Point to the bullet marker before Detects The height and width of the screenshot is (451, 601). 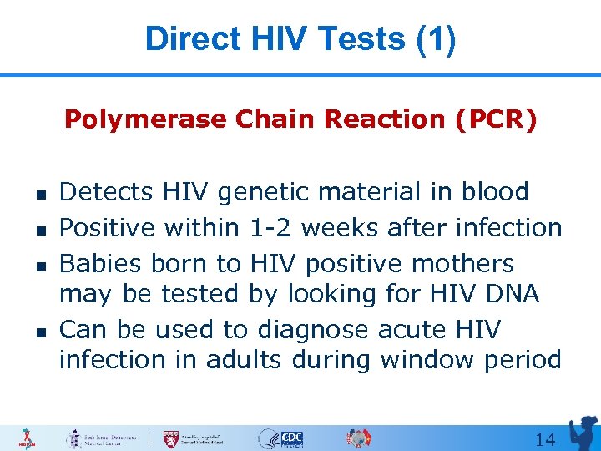click(x=39, y=194)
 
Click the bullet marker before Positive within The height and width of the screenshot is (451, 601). click(x=39, y=228)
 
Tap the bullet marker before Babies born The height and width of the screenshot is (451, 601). click(x=39, y=264)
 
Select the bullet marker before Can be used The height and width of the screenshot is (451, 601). click(x=39, y=332)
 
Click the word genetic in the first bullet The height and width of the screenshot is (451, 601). click(x=269, y=192)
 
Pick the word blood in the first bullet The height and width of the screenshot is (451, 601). click(x=492, y=192)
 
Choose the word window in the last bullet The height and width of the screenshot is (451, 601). click(x=420, y=360)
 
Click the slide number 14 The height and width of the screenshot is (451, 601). click(x=545, y=439)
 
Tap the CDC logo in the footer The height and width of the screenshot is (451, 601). click(x=291, y=438)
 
